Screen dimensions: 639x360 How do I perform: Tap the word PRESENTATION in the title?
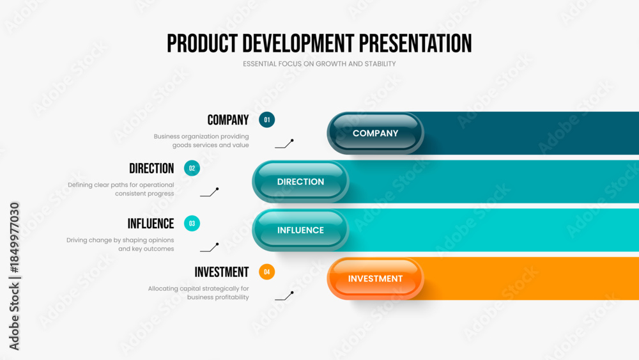click(x=415, y=43)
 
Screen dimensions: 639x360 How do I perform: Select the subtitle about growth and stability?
click(x=319, y=64)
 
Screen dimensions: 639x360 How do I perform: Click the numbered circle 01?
click(x=266, y=120)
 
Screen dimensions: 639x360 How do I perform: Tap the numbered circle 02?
click(x=192, y=168)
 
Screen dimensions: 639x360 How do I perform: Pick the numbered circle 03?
click(x=192, y=223)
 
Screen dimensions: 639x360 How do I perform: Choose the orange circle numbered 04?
click(x=266, y=272)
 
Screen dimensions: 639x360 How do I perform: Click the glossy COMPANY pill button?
click(x=375, y=133)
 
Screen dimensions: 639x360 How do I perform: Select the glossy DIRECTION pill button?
click(x=300, y=182)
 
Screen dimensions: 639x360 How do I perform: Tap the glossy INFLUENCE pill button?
click(x=300, y=230)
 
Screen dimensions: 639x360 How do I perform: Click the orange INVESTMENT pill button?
click(x=375, y=279)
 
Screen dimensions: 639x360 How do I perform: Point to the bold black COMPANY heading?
click(x=228, y=120)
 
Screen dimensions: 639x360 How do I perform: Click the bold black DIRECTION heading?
click(x=151, y=168)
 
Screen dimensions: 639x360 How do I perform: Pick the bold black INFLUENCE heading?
click(x=151, y=224)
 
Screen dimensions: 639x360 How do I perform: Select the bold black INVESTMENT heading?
click(x=221, y=272)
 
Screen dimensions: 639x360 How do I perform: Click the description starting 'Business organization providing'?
click(x=201, y=141)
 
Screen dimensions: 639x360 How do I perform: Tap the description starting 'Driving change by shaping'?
click(x=120, y=244)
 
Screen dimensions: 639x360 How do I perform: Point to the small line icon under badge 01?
click(x=284, y=144)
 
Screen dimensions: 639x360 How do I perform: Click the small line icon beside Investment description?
click(x=284, y=296)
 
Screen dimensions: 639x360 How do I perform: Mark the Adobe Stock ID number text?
click(x=14, y=238)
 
